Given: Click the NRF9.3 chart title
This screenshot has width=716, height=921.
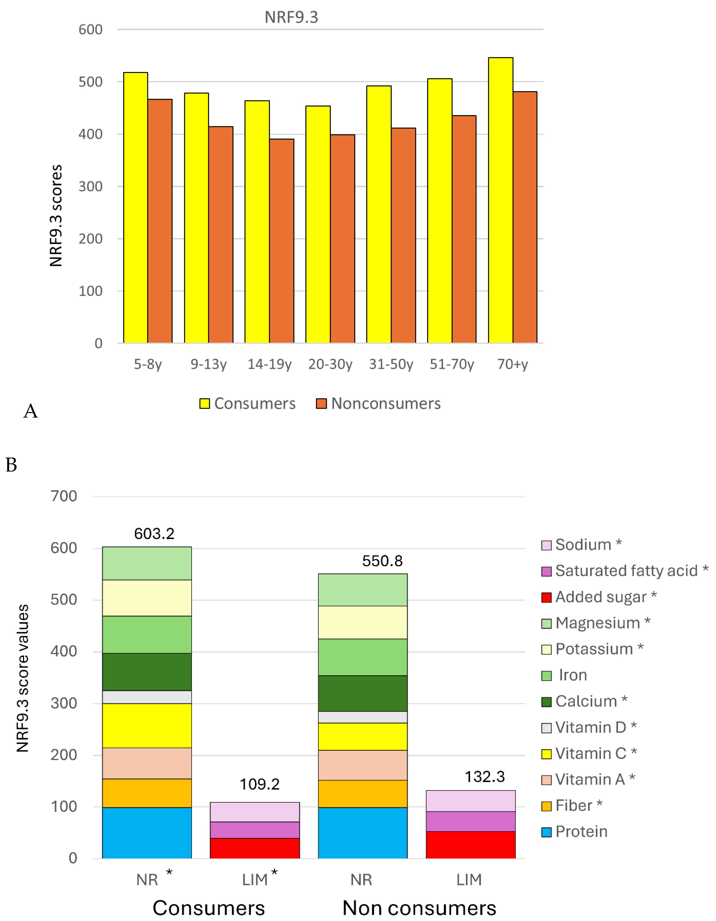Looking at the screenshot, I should [x=291, y=17].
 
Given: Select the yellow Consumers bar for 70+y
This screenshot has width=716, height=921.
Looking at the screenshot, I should [x=501, y=200].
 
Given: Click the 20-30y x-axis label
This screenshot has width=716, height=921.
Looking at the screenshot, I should [x=330, y=364].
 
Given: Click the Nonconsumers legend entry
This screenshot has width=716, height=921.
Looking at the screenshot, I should [x=378, y=404].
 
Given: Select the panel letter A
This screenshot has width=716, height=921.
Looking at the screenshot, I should [x=30, y=411].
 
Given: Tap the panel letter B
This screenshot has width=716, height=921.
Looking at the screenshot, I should [x=11, y=465].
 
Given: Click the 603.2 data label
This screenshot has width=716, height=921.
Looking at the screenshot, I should [x=154, y=534].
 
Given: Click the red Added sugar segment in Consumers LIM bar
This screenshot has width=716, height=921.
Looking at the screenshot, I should [x=255, y=848].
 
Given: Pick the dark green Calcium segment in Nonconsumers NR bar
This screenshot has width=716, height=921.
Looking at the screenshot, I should [x=363, y=693].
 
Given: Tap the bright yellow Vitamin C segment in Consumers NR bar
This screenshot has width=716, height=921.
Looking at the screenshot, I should [x=147, y=725].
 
